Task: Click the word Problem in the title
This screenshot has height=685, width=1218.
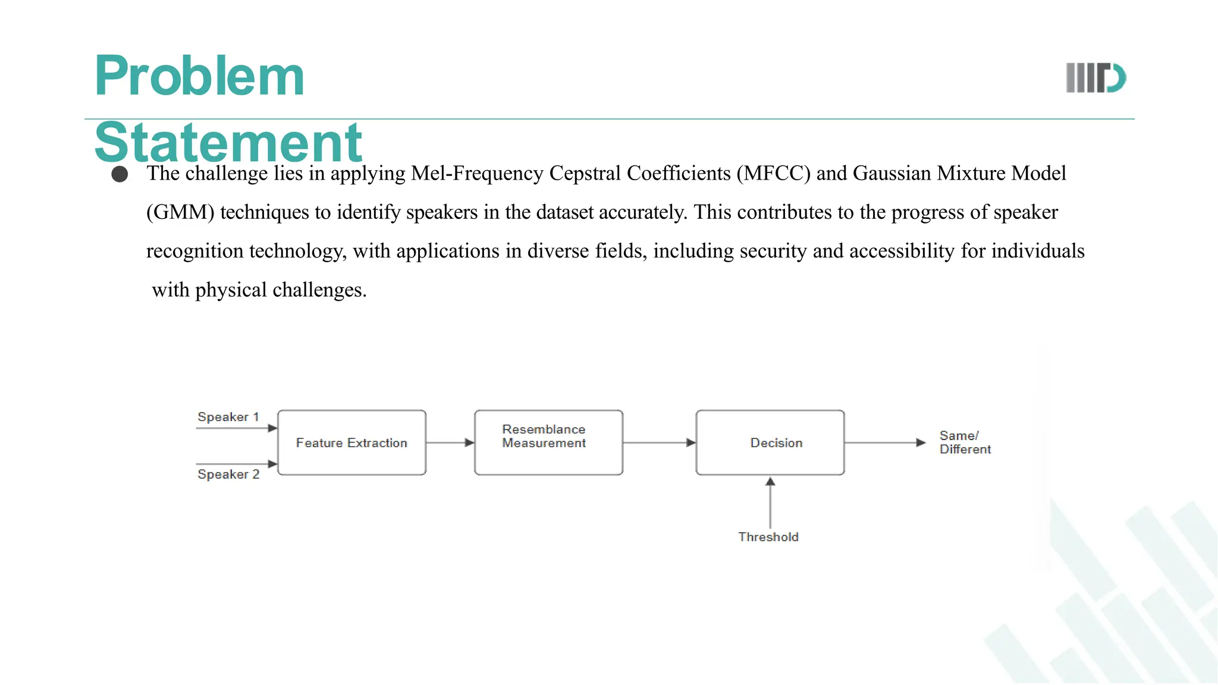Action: [199, 76]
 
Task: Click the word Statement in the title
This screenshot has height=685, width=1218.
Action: [228, 143]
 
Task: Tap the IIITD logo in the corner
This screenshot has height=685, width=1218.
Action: [1095, 78]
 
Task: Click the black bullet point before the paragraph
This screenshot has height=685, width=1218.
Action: [120, 174]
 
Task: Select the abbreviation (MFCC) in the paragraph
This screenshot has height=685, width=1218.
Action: [773, 173]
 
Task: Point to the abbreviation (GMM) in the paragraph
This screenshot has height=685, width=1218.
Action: [180, 212]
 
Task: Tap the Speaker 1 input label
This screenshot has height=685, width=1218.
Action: [228, 417]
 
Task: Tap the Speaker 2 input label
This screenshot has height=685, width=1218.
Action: [228, 475]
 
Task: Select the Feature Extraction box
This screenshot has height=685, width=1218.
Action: [351, 442]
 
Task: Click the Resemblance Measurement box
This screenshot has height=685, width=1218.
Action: [548, 442]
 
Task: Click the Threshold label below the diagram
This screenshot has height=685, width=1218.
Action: [768, 537]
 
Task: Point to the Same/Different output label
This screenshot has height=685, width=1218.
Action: [964, 442]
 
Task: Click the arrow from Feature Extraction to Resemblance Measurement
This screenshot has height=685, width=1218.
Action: [450, 442]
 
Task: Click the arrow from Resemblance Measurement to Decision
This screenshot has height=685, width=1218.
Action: [659, 442]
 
